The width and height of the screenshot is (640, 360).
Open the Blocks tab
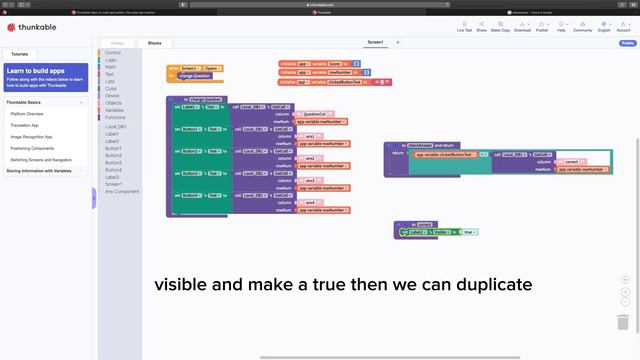(154, 43)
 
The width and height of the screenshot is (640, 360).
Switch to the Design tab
(117, 43)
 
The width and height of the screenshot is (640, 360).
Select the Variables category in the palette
(114, 110)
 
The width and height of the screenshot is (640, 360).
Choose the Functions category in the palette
(115, 117)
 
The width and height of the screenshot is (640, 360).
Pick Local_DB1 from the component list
(115, 127)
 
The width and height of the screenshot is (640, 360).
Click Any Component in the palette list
(122, 190)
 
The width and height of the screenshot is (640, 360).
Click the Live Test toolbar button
(464, 29)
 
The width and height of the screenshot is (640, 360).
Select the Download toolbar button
(522, 29)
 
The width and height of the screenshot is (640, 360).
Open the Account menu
(624, 29)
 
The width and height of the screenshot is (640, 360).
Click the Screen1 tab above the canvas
(375, 43)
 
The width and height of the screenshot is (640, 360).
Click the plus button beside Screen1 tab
(397, 43)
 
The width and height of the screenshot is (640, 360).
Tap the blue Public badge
(627, 43)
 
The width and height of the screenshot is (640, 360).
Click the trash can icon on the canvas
(623, 322)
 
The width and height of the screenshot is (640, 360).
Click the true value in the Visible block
(469, 232)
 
